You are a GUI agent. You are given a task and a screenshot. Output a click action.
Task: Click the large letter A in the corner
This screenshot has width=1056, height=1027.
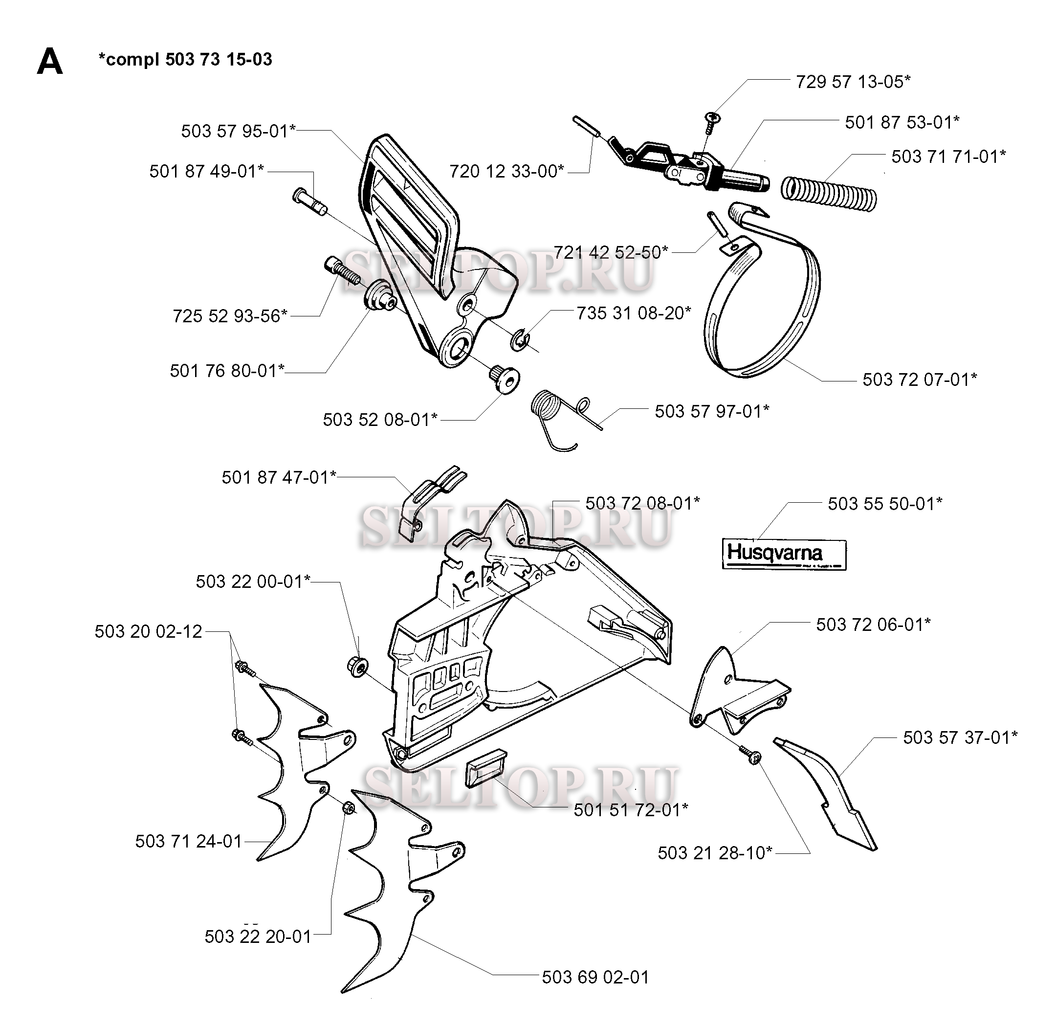tap(49, 61)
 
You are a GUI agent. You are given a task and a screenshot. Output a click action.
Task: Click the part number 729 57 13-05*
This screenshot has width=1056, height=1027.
tap(853, 82)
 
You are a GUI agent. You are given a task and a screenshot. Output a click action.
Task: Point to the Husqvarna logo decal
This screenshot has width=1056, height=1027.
tap(784, 554)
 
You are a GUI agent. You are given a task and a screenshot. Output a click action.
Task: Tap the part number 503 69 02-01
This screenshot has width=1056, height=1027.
tap(595, 977)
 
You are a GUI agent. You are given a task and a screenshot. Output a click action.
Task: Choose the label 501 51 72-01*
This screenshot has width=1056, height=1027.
tap(631, 810)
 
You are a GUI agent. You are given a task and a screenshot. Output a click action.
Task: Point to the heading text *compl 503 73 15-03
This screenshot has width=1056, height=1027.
tap(185, 59)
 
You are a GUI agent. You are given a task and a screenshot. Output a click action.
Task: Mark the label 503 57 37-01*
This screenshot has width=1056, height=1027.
tap(961, 737)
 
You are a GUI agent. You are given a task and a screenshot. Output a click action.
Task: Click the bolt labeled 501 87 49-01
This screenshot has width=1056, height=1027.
tap(309, 201)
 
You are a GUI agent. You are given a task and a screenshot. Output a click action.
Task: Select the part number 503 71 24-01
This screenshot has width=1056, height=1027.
tap(189, 841)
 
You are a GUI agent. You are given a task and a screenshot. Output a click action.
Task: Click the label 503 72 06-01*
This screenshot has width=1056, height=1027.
tap(873, 625)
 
